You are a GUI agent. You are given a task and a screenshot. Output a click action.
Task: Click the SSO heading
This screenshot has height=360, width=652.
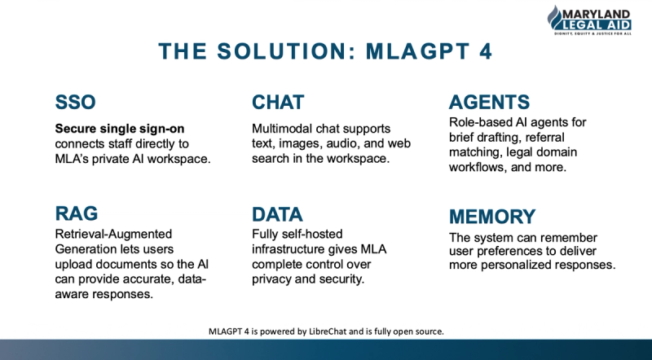(75, 103)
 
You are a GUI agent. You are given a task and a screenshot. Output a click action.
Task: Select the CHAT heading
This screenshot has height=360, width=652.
(278, 103)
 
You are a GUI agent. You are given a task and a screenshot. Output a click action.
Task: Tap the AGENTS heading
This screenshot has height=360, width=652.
(489, 103)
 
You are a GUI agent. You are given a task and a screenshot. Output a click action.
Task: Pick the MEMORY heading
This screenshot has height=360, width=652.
(492, 217)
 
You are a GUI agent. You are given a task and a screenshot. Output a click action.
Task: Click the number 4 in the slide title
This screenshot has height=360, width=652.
(486, 51)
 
